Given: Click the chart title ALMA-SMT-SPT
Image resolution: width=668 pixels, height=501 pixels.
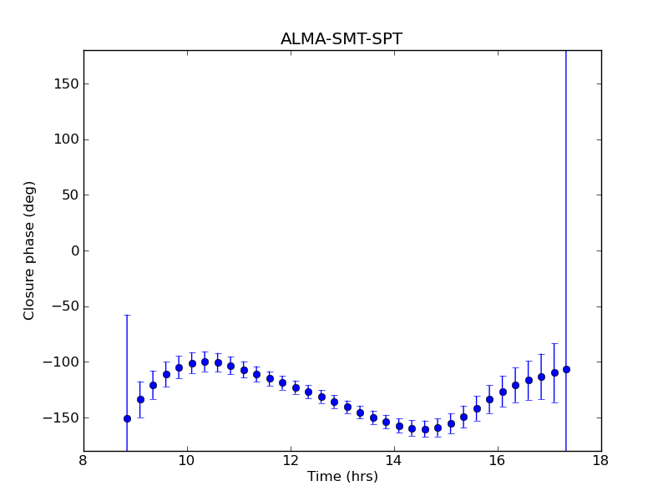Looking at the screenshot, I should point(341,39).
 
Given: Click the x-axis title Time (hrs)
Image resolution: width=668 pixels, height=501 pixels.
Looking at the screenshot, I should point(342,477).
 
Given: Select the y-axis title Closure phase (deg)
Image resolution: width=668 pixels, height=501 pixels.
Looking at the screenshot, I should point(30,250).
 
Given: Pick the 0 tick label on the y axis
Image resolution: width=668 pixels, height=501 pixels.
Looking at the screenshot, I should point(73,250).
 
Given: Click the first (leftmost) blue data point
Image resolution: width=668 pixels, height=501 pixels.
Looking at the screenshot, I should point(127,418).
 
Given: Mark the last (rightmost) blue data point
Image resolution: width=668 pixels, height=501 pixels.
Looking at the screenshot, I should point(566,369).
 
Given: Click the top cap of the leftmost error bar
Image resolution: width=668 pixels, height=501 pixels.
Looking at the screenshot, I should point(127,315).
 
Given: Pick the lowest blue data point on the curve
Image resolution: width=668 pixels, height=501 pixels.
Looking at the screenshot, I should point(425,429).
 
